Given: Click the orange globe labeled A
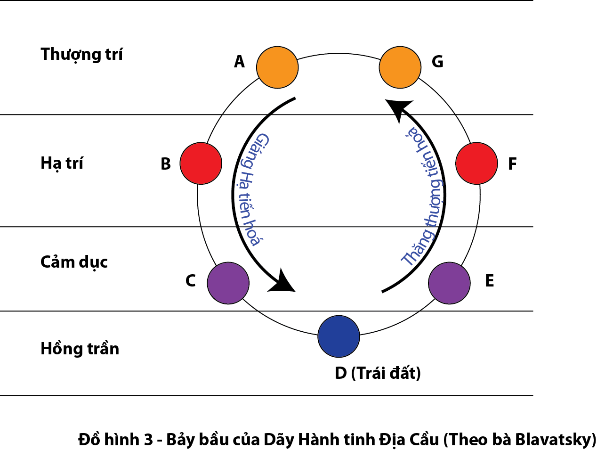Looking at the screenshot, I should click(x=277, y=67).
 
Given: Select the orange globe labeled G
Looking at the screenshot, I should click(x=400, y=67).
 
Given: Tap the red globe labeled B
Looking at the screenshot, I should click(x=201, y=163).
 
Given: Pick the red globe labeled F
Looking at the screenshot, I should click(x=476, y=163).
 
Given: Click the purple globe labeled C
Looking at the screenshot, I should click(x=228, y=283).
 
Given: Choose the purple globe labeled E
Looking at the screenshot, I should click(x=449, y=283).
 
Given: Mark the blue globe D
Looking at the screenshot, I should click(x=339, y=336).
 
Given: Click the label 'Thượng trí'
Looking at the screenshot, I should click(x=81, y=55).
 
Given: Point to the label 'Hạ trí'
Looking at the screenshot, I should click(x=62, y=163).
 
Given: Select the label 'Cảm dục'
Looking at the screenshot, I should click(x=74, y=262).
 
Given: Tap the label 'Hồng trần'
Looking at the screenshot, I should click(x=80, y=349).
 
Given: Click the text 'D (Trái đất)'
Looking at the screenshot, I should click(x=378, y=373).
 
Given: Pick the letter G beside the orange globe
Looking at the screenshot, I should click(x=437, y=62).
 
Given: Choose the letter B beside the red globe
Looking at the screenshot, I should click(x=166, y=164).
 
